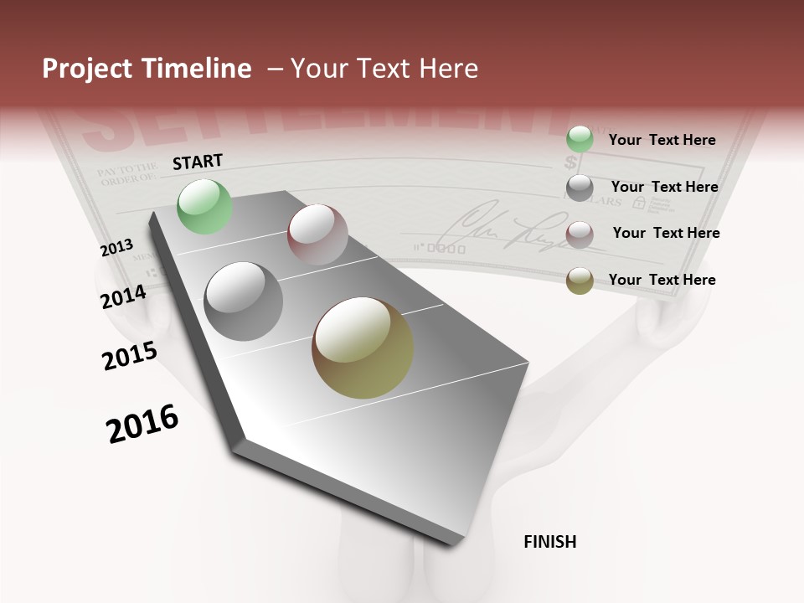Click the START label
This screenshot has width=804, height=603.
point(198,162)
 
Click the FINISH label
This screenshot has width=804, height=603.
point(550,542)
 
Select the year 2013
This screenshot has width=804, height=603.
point(116,248)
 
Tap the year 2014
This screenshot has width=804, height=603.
point(124,297)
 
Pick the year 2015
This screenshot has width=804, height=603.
point(130,356)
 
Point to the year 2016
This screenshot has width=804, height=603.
point(142,424)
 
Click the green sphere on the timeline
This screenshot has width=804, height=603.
point(205,206)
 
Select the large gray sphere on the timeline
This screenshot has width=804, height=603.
point(243,301)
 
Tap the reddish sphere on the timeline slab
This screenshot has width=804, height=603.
point(317,234)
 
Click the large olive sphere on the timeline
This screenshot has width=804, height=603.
point(363,348)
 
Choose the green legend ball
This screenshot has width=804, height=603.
point(580,140)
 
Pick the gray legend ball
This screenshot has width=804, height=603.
point(580,188)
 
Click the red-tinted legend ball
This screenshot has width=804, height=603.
point(580,234)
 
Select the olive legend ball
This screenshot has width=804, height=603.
point(580,281)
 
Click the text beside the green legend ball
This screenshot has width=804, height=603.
point(662,140)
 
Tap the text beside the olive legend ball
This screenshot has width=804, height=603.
point(662,280)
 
